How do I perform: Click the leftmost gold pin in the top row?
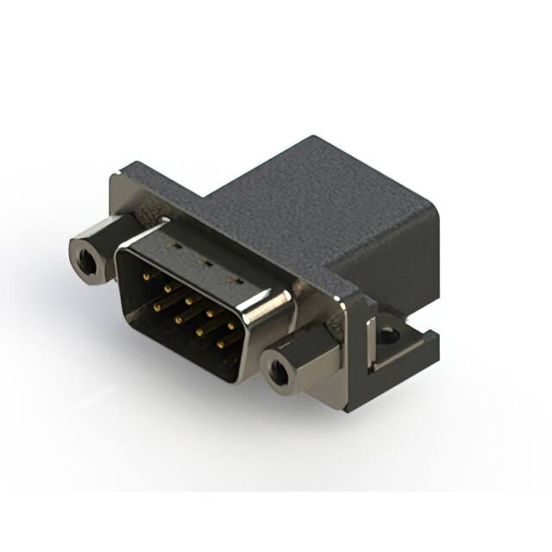(145, 277)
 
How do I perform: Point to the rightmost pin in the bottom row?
(219, 343)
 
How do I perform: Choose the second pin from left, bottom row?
(179, 318)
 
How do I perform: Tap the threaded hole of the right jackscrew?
(278, 374)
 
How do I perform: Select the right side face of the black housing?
(405, 259)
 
